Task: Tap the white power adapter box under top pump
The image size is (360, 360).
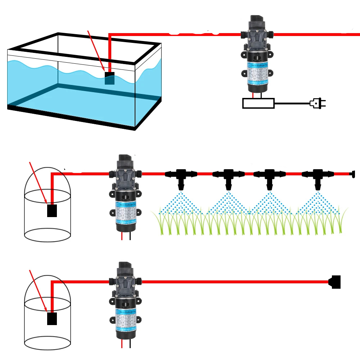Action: point(258,103)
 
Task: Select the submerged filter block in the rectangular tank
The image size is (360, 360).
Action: point(109,78)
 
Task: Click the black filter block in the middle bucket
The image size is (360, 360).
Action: point(52,211)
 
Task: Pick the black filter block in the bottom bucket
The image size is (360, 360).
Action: point(52,319)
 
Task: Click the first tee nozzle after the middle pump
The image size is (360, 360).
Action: point(181,177)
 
